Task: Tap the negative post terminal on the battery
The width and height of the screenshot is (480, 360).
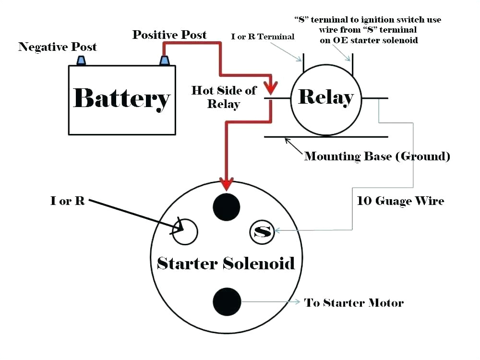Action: pyautogui.click(x=81, y=60)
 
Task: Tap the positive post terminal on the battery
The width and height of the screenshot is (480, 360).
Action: pyautogui.click(x=165, y=60)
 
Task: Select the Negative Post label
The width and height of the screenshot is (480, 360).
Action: pyautogui.click(x=58, y=47)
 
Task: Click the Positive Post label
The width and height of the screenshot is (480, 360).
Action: pyautogui.click(x=169, y=35)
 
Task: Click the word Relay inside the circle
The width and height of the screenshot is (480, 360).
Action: pyautogui.click(x=326, y=97)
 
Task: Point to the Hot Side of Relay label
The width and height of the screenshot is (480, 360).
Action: pyautogui.click(x=224, y=97)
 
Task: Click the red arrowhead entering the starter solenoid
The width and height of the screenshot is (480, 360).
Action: pyautogui.click(x=226, y=184)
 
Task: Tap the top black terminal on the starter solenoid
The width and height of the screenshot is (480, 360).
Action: pyautogui.click(x=226, y=207)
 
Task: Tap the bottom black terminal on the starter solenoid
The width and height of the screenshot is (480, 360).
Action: pyautogui.click(x=227, y=301)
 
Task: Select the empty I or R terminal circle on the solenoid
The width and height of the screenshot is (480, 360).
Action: pyautogui.click(x=185, y=231)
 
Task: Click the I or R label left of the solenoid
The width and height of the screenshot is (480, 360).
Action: pyautogui.click(x=68, y=201)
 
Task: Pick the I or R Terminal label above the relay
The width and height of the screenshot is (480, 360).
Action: pyautogui.click(x=263, y=36)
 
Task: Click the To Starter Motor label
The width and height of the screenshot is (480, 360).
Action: pyautogui.click(x=354, y=303)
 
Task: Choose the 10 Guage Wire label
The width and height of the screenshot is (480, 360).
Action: pyautogui.click(x=401, y=201)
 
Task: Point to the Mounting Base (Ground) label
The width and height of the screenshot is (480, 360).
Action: pyautogui.click(x=377, y=156)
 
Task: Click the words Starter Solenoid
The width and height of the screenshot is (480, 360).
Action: pyautogui.click(x=226, y=263)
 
